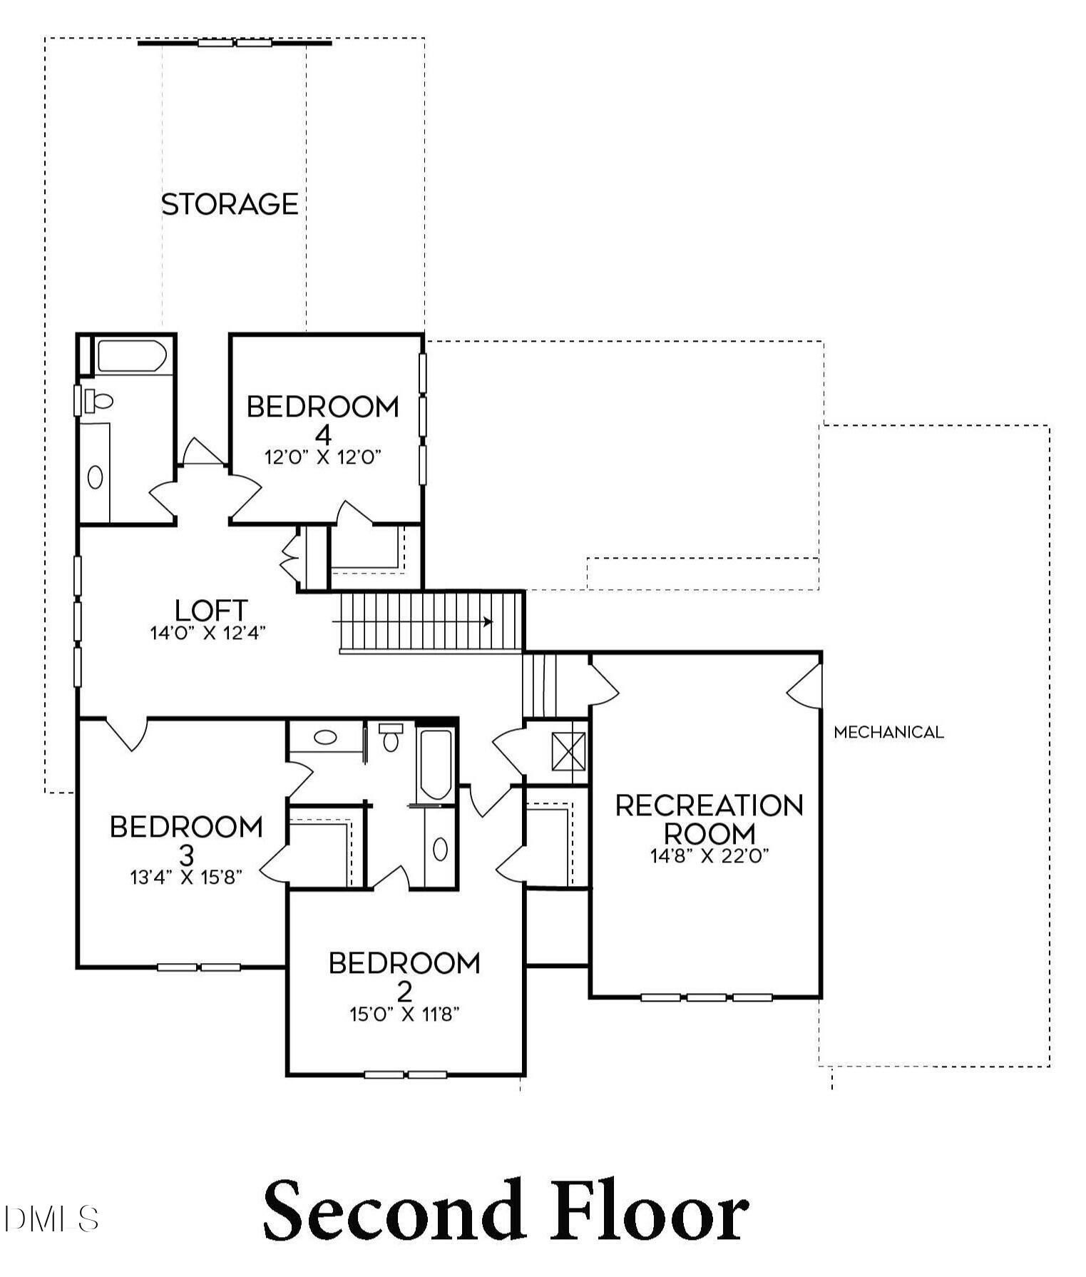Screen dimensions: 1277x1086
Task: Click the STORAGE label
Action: click(x=230, y=204)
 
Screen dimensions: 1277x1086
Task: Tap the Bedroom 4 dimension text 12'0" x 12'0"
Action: click(x=323, y=457)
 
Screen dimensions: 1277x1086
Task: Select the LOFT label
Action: click(x=211, y=611)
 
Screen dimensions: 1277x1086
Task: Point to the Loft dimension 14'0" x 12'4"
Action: click(x=208, y=633)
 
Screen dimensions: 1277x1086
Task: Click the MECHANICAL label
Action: click(x=888, y=732)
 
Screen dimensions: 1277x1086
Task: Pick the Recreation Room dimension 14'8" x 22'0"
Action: click(x=710, y=855)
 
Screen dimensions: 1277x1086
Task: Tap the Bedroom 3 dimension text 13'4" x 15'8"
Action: click(x=186, y=877)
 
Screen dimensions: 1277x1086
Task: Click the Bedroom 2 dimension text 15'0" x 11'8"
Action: click(x=404, y=1014)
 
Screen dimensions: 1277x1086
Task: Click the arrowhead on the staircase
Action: click(x=488, y=621)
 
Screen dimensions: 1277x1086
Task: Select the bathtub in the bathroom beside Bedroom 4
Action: click(x=133, y=356)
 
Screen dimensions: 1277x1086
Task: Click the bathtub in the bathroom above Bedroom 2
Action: click(x=435, y=764)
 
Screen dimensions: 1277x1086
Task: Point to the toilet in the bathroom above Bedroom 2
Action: click(x=391, y=738)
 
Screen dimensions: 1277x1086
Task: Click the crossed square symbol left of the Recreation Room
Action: click(x=569, y=752)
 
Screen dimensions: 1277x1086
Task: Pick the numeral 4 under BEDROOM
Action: click(x=323, y=434)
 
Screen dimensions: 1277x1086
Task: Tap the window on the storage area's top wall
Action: click(x=235, y=43)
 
